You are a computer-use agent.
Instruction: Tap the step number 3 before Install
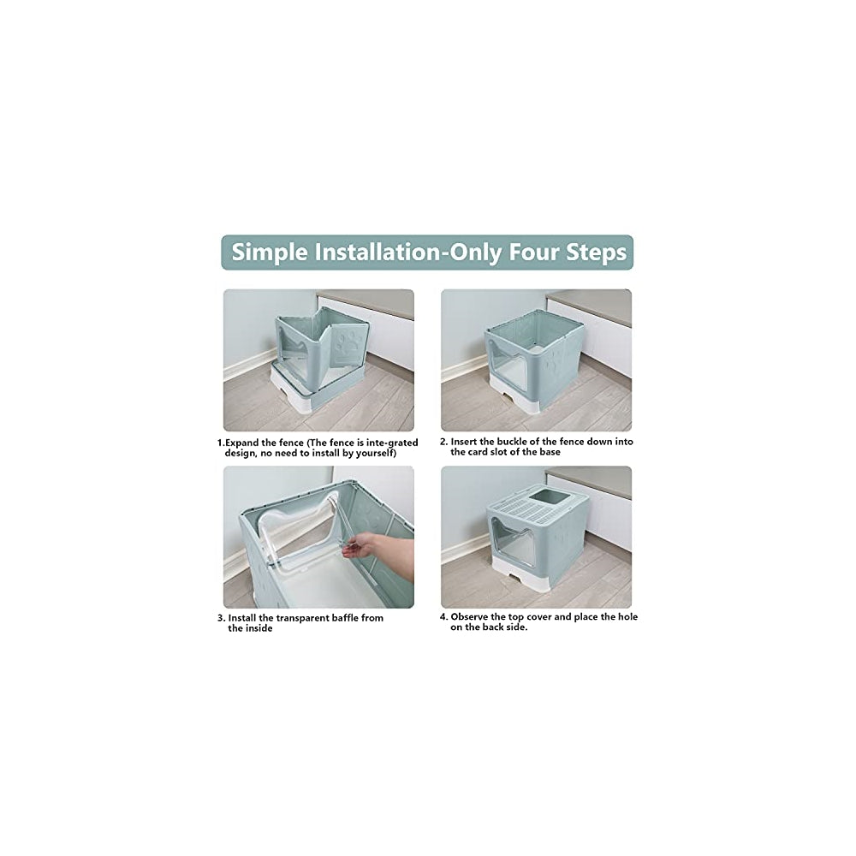pyautogui.click(x=221, y=617)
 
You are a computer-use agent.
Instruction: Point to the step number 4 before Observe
pyautogui.click(x=443, y=616)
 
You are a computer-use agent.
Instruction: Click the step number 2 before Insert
pyautogui.click(x=443, y=442)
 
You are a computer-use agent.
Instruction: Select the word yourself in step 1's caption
pyautogui.click(x=373, y=452)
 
